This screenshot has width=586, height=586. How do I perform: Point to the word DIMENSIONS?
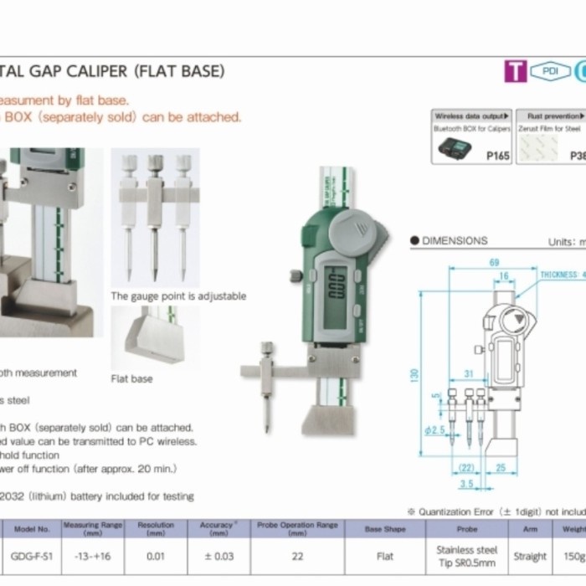[454, 241]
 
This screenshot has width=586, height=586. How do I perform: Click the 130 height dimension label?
[413, 377]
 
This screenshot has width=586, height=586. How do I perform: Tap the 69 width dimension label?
[494, 263]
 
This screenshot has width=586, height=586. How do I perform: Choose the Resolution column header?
[157, 528]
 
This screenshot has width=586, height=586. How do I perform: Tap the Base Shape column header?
[385, 529]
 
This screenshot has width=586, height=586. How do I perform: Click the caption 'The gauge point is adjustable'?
[178, 296]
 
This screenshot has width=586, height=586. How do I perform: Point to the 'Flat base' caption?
[131, 379]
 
